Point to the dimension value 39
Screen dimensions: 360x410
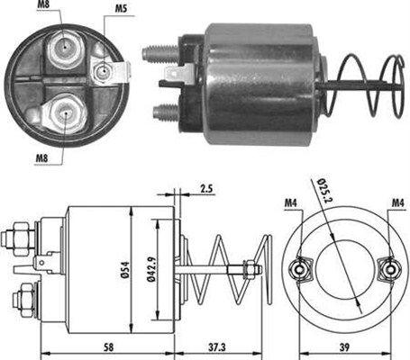345,347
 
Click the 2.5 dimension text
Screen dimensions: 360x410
206,190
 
